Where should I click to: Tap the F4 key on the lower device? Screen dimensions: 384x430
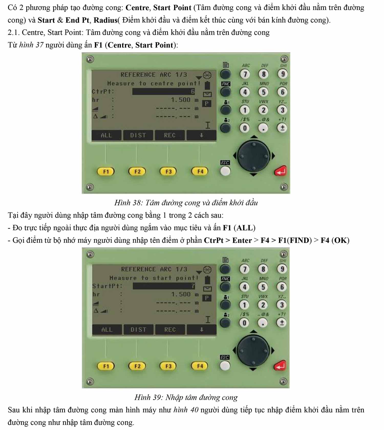[200, 366]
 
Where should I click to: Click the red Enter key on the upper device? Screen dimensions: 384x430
[280, 171]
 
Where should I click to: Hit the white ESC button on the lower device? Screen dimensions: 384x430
[225, 366]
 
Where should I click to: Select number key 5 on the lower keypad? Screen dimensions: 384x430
[263, 287]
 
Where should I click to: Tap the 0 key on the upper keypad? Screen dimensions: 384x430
[245, 128]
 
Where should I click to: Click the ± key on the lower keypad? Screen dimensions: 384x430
[282, 323]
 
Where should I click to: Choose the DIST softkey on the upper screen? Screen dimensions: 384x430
[138, 135]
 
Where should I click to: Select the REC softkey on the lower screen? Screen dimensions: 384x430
[170, 330]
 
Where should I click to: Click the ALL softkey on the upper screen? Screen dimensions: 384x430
[106, 135]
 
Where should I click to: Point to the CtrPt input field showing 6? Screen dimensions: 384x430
[164, 91]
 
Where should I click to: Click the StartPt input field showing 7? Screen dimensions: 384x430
[164, 286]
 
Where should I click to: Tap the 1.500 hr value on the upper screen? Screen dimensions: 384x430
[181, 100]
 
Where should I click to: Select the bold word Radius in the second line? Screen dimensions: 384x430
[105, 20]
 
